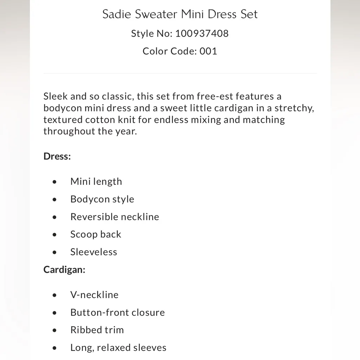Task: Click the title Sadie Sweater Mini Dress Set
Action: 180,14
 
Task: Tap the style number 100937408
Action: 202,33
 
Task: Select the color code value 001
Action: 208,51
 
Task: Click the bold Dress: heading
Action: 57,156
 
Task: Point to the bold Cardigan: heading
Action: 64,270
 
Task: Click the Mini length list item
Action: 96,181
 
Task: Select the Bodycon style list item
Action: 102,199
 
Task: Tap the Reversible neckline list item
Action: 115,217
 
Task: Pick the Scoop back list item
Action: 96,234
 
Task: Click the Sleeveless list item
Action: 94,252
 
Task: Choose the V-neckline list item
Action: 94,295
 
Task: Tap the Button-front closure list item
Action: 117,312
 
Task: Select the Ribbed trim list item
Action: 97,330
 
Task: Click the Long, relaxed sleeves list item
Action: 118,347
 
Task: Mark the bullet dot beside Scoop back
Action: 54,234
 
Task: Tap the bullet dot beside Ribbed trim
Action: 54,330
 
